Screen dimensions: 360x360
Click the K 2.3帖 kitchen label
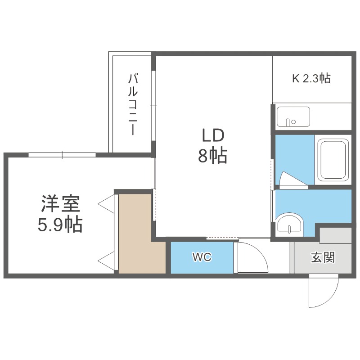tap(311, 79)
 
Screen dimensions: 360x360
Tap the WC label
tap(202, 257)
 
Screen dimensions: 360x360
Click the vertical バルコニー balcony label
tap(133, 104)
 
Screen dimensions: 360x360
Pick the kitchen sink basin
tap(293, 117)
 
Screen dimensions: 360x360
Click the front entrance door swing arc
tap(323, 290)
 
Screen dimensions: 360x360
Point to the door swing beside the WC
tap(252, 256)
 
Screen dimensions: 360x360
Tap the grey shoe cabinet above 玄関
tap(335, 236)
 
